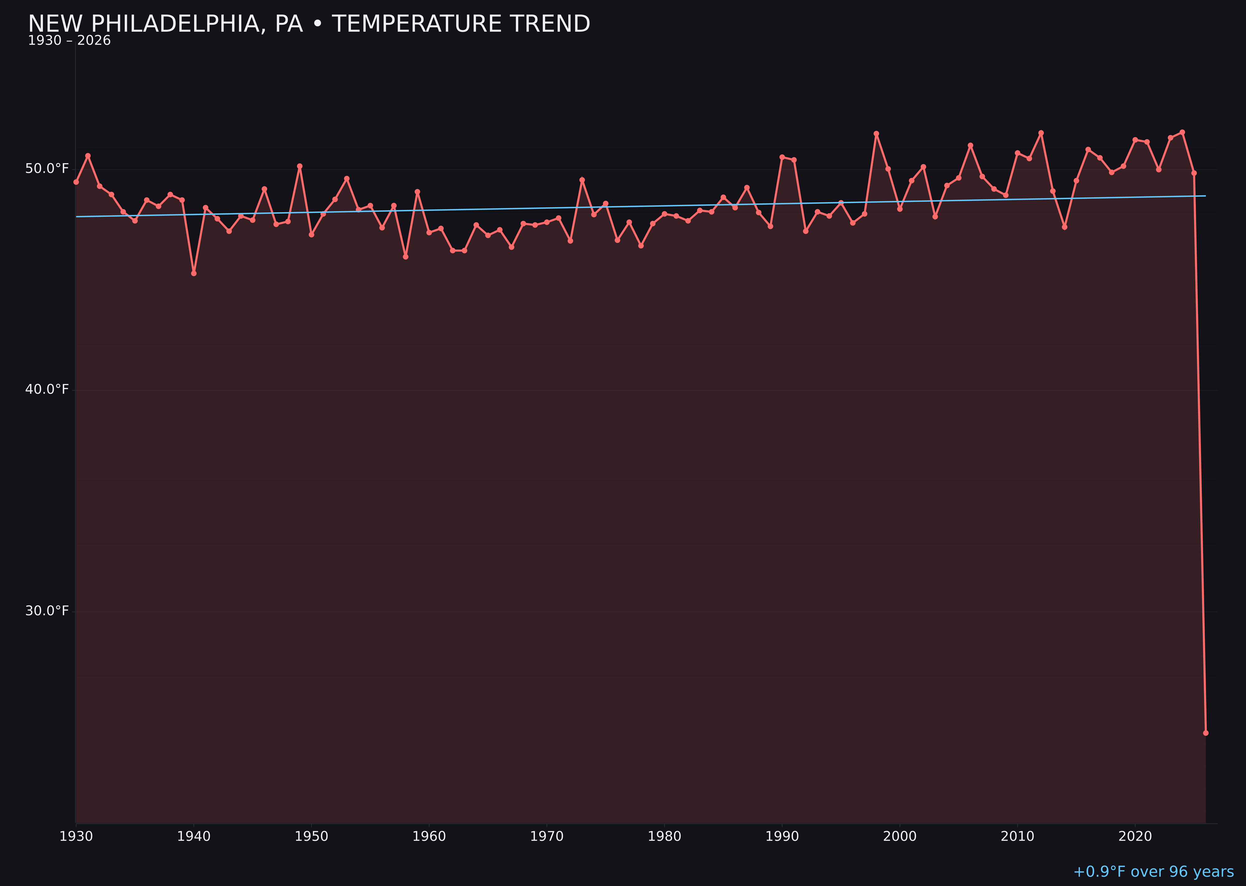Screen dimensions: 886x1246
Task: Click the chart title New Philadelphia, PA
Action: pyautogui.click(x=309, y=24)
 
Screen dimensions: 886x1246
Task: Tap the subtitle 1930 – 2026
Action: pyautogui.click(x=69, y=41)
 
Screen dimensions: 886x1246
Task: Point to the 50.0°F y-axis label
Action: pyautogui.click(x=47, y=169)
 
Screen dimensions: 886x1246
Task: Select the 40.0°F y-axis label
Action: pyautogui.click(x=47, y=389)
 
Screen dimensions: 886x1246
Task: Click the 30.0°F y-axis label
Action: pyautogui.click(x=47, y=611)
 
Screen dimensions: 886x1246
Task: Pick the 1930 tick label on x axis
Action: pyautogui.click(x=76, y=836)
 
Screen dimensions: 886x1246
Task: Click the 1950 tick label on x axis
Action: pyautogui.click(x=311, y=836)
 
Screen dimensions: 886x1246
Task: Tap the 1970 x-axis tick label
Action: pyautogui.click(x=547, y=836)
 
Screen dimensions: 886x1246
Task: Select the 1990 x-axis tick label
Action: pyautogui.click(x=782, y=836)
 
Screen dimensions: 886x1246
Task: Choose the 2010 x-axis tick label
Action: pyautogui.click(x=1017, y=836)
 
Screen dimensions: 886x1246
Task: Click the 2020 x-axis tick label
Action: pyautogui.click(x=1135, y=836)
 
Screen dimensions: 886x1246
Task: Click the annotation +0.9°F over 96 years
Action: pyautogui.click(x=1153, y=872)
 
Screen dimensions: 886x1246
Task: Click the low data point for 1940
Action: pyautogui.click(x=194, y=273)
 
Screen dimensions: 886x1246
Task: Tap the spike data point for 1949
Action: pyautogui.click(x=299, y=166)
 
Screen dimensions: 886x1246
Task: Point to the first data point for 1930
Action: pyautogui.click(x=76, y=182)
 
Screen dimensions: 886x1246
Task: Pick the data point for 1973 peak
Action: pyautogui.click(x=582, y=179)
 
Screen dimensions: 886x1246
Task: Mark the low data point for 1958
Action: pyautogui.click(x=405, y=256)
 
